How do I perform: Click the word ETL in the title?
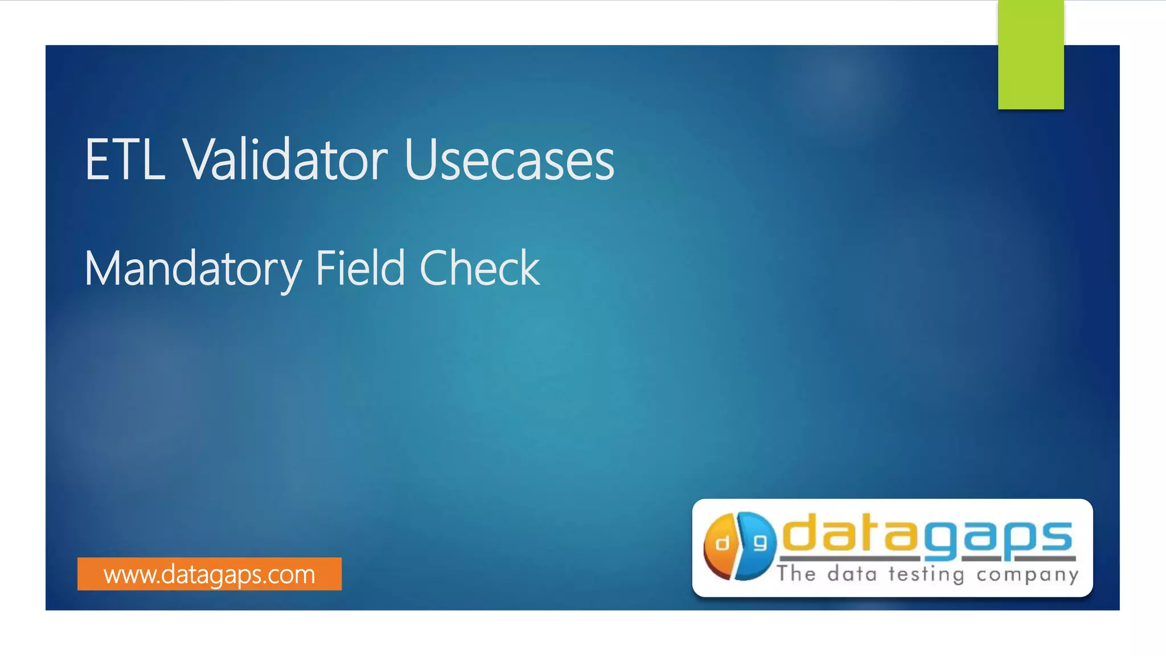pyautogui.click(x=125, y=161)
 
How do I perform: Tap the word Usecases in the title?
pyautogui.click(x=510, y=161)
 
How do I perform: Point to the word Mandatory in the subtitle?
pyautogui.click(x=193, y=268)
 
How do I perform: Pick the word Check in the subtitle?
pyautogui.click(x=479, y=268)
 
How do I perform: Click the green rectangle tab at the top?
pyautogui.click(x=1030, y=55)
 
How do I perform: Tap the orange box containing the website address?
pyautogui.click(x=210, y=574)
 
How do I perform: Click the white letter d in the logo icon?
pyautogui.click(x=722, y=544)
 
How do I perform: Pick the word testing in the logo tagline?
pyautogui.click(x=926, y=574)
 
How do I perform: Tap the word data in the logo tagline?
pyautogui.click(x=852, y=573)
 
